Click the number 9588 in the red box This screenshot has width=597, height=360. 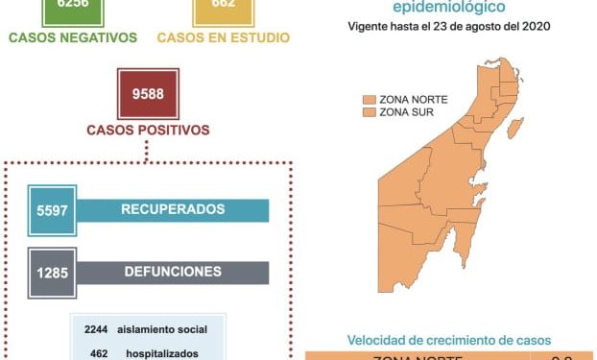tap(147, 94)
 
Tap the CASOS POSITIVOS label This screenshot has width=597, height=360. tap(148, 129)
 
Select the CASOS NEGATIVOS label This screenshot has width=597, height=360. tap(73, 38)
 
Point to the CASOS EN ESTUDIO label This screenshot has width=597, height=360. tap(223, 38)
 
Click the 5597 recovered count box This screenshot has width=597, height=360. tap(49, 209)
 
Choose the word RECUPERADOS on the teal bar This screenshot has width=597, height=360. tap(173, 209)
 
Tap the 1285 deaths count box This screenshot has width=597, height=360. tap(49, 273)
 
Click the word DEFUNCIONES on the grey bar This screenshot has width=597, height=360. tap(173, 273)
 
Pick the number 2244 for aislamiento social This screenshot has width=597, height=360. tap(96, 330)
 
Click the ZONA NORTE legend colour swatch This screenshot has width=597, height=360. tap(367, 99)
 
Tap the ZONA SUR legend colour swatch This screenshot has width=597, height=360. tap(367, 112)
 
